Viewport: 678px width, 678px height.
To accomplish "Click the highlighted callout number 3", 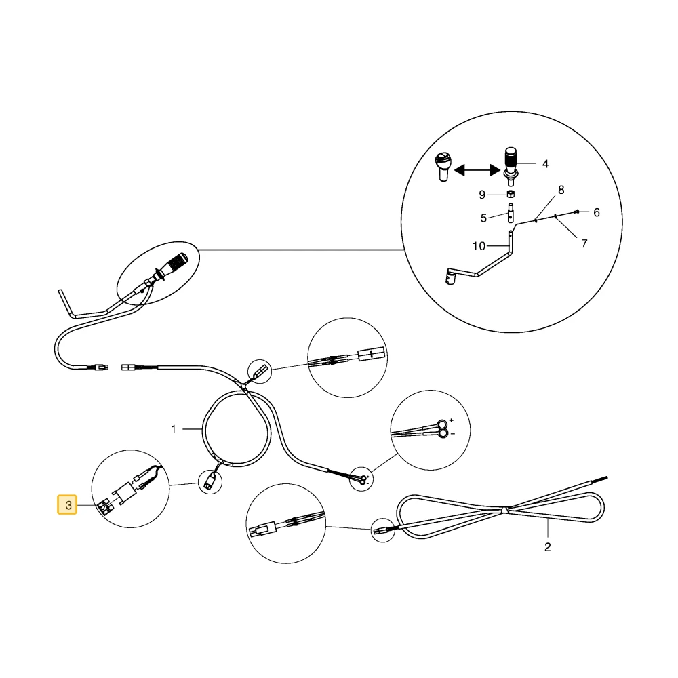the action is (x=67, y=504).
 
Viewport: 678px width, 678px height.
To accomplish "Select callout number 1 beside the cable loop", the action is (x=174, y=429).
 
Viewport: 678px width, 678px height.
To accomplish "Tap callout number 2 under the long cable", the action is (x=547, y=547).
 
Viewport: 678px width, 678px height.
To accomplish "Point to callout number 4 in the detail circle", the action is (x=545, y=164).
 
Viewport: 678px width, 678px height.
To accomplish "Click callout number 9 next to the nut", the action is (x=482, y=195).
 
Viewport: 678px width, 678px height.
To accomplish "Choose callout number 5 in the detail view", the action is (x=483, y=218).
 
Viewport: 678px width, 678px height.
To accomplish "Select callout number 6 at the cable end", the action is (x=597, y=212).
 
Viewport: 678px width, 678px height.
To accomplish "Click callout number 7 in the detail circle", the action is (x=584, y=244).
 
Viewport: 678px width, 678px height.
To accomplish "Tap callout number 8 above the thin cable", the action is (x=561, y=190).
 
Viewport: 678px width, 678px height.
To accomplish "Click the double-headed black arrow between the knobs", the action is (x=477, y=170).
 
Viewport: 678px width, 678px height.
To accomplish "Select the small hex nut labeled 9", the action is (x=511, y=194).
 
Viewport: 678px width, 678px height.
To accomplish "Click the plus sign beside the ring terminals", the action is (x=452, y=420).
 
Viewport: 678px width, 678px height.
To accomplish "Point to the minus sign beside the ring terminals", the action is (x=453, y=434).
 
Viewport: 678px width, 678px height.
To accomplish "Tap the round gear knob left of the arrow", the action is (x=443, y=167).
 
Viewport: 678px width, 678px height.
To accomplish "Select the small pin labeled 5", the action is (x=511, y=213).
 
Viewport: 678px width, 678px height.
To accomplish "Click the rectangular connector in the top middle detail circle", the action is (x=372, y=354).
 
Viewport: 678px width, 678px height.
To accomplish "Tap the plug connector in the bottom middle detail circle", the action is (x=263, y=530).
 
